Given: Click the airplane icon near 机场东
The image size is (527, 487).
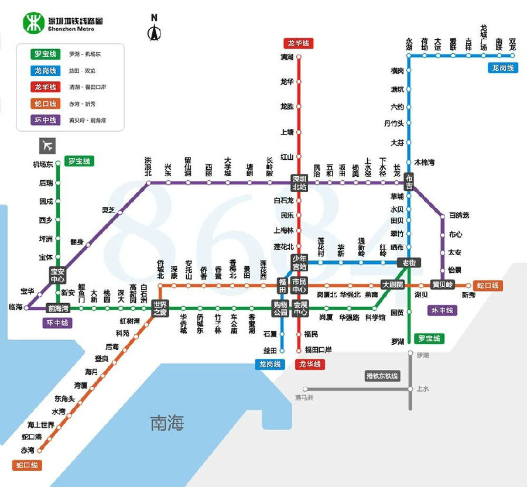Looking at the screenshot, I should tap(47, 145).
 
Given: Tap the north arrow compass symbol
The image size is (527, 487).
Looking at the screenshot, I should tap(155, 29).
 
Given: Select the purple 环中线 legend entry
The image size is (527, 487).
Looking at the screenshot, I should tap(45, 120).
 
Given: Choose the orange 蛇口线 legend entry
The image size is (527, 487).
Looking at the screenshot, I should tap(45, 104).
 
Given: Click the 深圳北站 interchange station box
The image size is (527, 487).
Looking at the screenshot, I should tap(299, 183).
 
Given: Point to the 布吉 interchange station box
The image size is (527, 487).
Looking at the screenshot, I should tap(409, 182).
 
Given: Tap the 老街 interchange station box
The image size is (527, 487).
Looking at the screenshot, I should tap(409, 263).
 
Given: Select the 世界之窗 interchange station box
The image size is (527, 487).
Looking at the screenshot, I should tap(160, 308).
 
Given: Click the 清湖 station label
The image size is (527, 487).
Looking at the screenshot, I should tap(287, 57).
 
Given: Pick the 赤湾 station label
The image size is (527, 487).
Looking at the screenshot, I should tap(28, 450).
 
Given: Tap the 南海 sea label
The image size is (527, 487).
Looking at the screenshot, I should tap(167, 423).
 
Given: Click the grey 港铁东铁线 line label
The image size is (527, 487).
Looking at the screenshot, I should tap(382, 376).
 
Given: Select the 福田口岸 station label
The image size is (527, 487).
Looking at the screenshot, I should tap(318, 350).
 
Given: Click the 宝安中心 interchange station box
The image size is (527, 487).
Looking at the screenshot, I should tap(57, 275).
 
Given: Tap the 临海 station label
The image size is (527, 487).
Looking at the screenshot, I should tap(15, 307).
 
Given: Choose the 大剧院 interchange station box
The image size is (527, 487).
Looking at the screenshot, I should tap(392, 285).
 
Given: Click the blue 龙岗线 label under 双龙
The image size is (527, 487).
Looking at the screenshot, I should tap(502, 68).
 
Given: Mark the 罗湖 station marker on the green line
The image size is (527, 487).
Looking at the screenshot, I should tap(409, 341).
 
